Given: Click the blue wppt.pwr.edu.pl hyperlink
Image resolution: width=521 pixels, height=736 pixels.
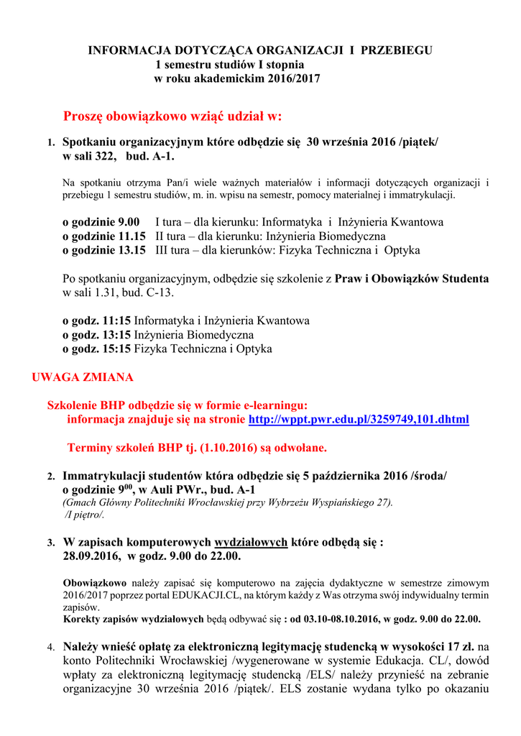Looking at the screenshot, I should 359,419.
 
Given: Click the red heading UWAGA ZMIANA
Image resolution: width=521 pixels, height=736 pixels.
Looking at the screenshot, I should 83,377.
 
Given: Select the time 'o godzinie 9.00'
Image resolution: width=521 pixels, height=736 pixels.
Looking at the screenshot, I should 101,222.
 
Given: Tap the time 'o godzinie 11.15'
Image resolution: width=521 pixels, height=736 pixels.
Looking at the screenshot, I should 103,236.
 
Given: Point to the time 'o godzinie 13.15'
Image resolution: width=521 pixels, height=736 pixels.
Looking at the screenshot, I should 103,250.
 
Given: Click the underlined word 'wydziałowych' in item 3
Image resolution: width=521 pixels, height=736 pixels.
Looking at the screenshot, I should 252,542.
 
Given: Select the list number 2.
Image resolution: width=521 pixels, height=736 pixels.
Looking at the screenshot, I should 51,477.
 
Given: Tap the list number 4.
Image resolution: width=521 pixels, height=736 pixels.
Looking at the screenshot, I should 51,648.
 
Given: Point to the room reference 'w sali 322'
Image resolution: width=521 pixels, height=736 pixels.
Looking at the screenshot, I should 91,156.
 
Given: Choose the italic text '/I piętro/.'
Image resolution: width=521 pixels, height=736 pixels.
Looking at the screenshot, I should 84,515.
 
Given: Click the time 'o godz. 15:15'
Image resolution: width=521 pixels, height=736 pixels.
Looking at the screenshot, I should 96,349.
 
